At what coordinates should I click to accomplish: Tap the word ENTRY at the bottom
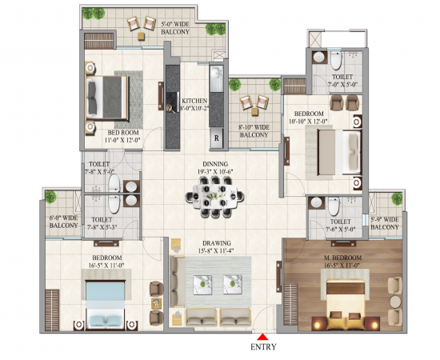point(264,348)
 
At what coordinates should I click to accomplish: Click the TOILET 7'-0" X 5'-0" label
point(342,82)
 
